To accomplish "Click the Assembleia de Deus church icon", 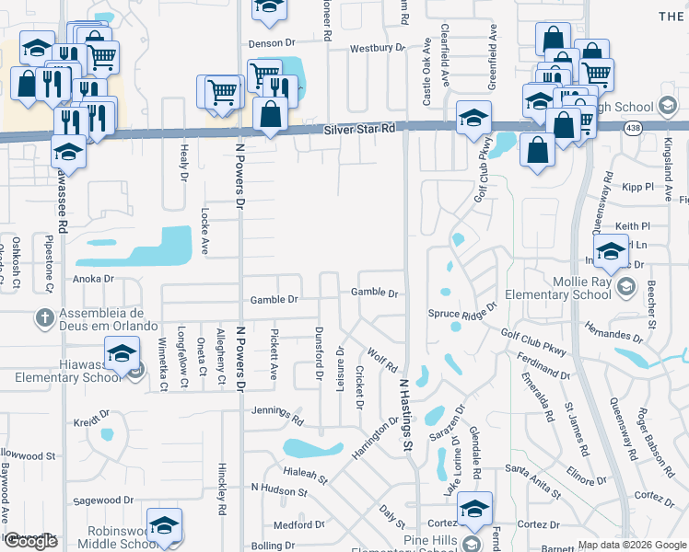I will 43,318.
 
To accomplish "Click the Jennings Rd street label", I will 277,414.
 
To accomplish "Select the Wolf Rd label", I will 381,356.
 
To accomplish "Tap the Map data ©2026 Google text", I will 632,545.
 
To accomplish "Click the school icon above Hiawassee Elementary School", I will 122,353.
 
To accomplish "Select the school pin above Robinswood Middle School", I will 164,524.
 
